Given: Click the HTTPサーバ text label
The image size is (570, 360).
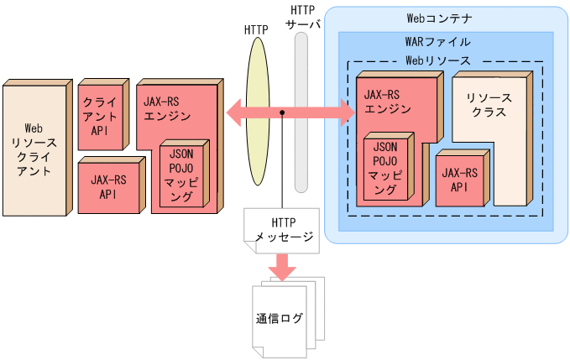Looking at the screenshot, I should coord(303,17).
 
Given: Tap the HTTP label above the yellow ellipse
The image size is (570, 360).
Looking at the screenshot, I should coord(256,29).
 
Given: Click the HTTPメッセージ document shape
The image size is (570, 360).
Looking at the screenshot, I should coord(280,230).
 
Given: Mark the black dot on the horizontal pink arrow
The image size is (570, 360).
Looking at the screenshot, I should coord(284,112).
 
